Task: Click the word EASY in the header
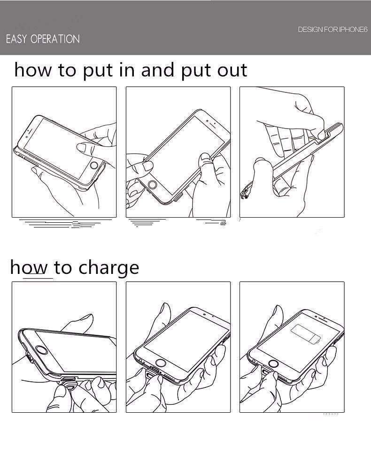click(x=16, y=39)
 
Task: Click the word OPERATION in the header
click(x=55, y=39)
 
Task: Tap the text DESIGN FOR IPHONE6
click(x=332, y=30)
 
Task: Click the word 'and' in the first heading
click(x=158, y=70)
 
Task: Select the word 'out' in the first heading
click(x=232, y=71)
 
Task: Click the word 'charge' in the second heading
click(x=109, y=267)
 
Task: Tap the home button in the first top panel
click(x=94, y=165)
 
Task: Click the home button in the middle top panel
click(x=152, y=185)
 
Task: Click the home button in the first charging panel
click(x=42, y=351)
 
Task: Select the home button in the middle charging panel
click(x=160, y=363)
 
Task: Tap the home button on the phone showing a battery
click(x=273, y=364)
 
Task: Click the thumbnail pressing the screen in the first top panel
click(x=81, y=147)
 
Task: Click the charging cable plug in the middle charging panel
click(x=151, y=374)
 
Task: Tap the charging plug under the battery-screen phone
click(x=267, y=373)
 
